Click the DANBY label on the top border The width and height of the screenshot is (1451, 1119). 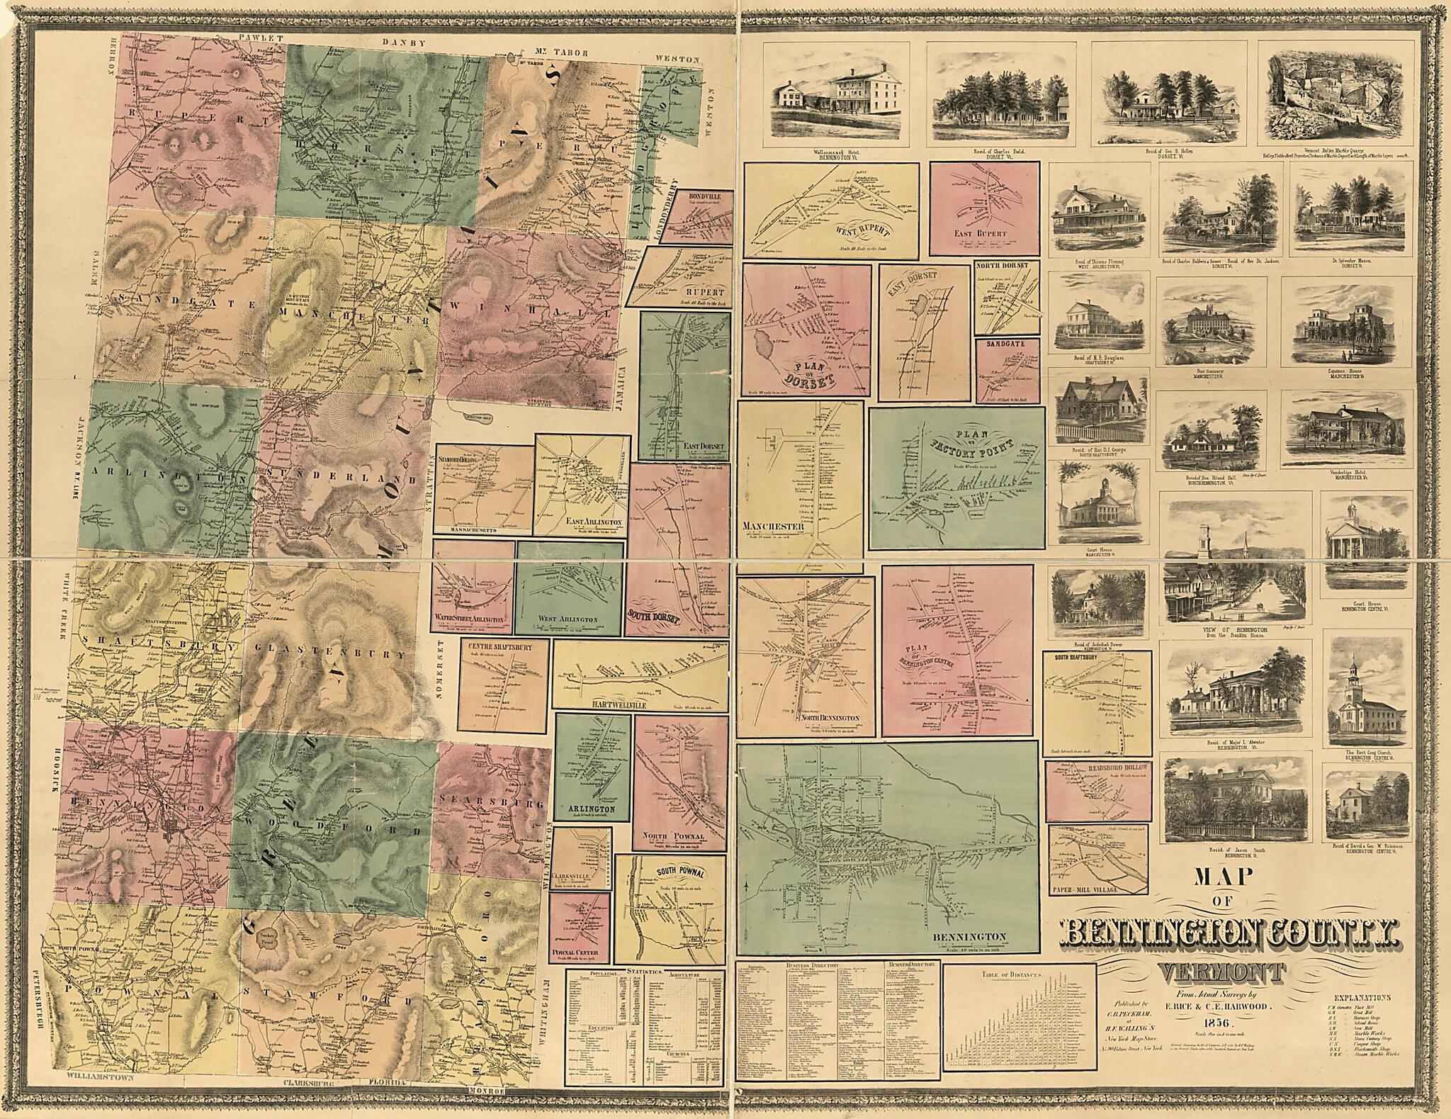(405, 42)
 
